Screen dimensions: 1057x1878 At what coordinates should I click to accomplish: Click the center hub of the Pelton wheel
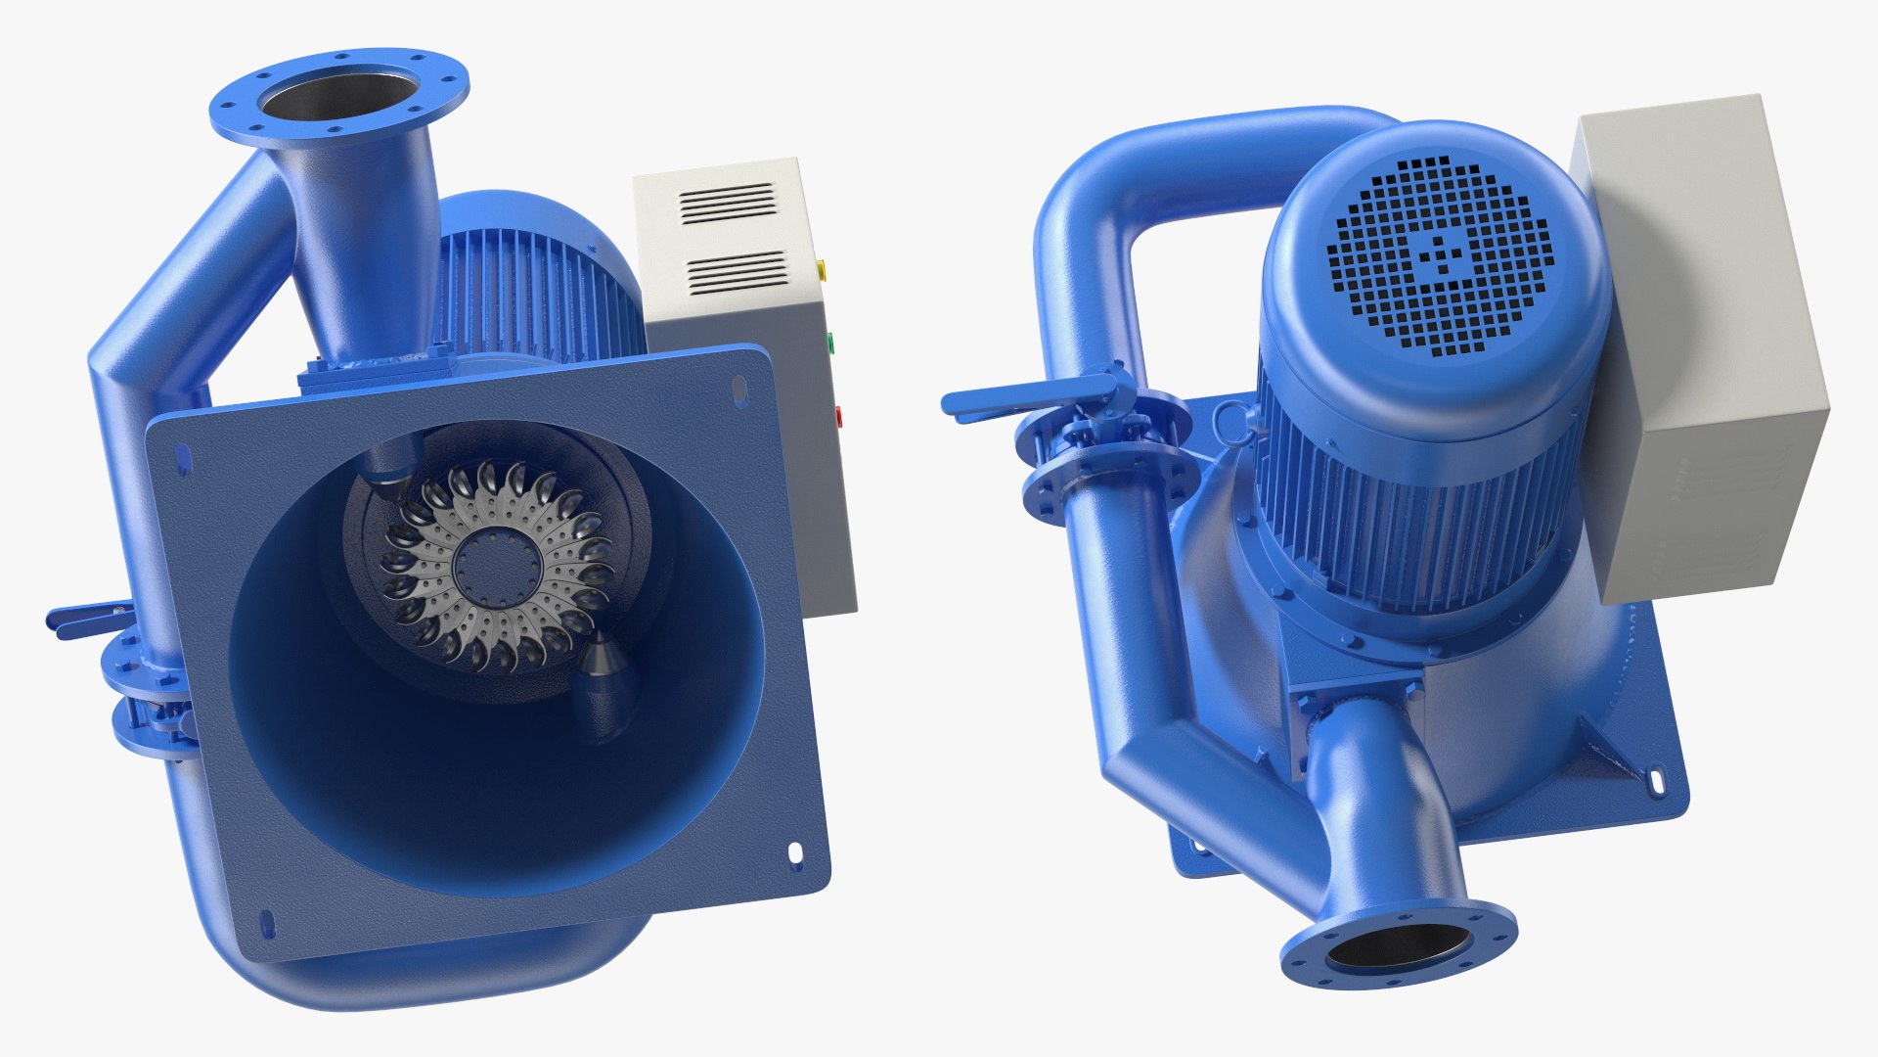496,566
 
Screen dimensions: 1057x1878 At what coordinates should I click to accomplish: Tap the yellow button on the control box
821,266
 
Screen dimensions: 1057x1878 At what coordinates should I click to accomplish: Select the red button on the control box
837,416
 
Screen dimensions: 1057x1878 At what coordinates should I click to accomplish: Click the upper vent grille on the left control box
728,204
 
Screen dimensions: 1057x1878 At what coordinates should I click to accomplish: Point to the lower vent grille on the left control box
737,272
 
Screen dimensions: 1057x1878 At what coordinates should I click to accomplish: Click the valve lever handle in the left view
83,618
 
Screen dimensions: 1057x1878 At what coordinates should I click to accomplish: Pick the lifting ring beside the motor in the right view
1230,422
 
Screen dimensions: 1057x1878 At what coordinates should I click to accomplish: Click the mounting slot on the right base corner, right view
1657,780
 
